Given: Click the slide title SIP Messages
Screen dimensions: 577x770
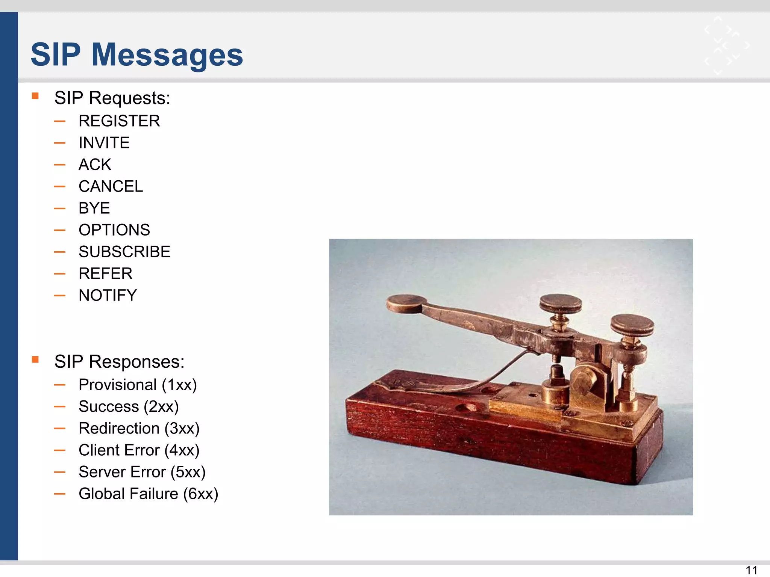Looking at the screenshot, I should coord(137,55).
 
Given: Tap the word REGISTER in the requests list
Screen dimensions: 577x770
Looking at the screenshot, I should coord(119,121).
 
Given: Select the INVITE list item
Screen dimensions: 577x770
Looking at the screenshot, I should coord(104,143).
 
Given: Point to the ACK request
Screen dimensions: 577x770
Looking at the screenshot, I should coord(95,165).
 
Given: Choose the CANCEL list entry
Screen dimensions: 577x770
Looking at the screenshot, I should coord(111,186).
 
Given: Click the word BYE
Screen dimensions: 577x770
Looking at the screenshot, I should coord(94,208).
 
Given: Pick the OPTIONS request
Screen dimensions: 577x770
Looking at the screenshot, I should coord(114,230).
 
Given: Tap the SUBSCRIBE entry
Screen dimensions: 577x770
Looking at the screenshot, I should coord(124,252).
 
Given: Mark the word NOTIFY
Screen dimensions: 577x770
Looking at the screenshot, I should coord(108,295).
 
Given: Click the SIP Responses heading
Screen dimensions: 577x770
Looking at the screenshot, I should coord(119,362).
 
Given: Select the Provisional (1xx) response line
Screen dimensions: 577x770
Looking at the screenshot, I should coord(138,385).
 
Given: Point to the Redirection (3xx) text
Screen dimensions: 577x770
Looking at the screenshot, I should coord(139,428).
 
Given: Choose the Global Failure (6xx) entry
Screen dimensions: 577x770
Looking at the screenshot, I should coord(148,494).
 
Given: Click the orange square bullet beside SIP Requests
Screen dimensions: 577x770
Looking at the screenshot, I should coord(35,96).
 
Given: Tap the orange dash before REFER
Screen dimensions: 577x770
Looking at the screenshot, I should coord(60,274).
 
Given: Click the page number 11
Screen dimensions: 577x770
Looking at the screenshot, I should coord(751,570).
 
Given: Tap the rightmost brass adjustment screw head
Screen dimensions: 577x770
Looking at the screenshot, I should coord(632,325).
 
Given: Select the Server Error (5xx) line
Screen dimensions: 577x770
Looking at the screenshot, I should coord(142,472).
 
